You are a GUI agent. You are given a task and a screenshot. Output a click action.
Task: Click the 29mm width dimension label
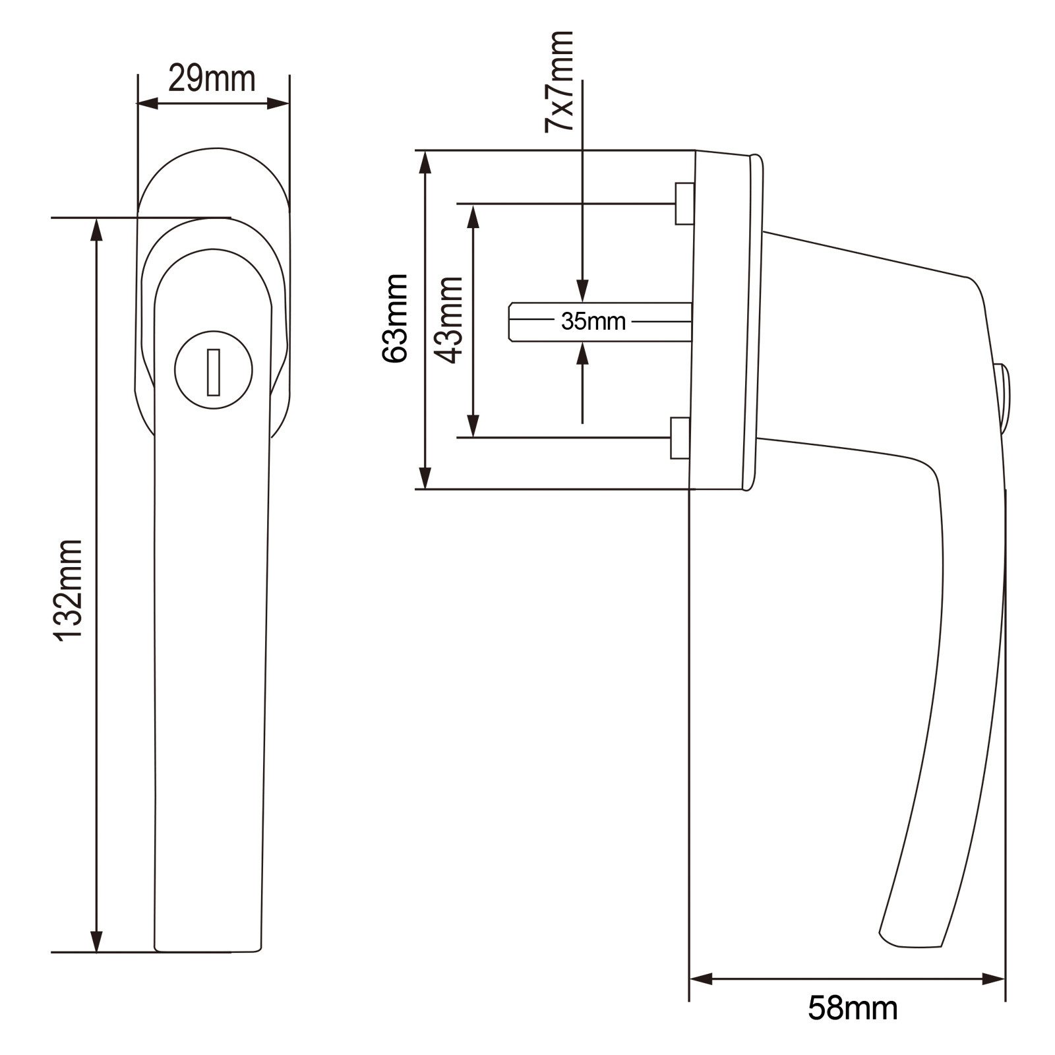point(212,79)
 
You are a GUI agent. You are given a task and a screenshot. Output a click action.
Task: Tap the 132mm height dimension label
point(69,589)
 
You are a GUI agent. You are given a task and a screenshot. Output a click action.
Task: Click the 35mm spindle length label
point(593,322)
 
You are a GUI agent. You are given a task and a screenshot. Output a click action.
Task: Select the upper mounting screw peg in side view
point(684,204)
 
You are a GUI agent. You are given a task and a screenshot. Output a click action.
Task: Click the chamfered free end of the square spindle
point(513,322)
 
